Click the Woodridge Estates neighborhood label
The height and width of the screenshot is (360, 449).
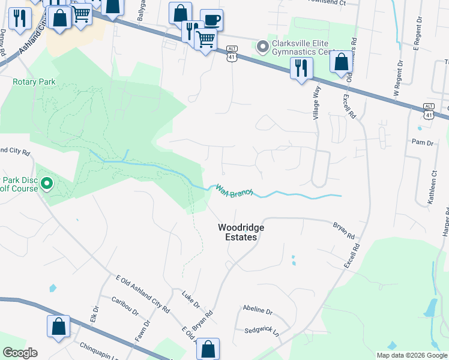tap(237, 232)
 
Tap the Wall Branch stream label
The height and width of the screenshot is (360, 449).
tap(235, 191)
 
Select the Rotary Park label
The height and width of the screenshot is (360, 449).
tap(35, 81)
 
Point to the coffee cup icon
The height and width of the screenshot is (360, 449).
tap(211, 20)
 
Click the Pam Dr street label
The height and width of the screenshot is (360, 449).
tap(422, 143)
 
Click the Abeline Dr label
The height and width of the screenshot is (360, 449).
tap(258, 311)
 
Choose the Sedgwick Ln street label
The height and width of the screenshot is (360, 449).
tap(262, 331)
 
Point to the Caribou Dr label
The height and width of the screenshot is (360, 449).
tap(124, 306)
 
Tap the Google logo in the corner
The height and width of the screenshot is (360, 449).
tap(20, 353)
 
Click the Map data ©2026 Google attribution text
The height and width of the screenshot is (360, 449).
tap(411, 355)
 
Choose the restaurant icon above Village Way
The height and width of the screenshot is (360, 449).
tap(301, 68)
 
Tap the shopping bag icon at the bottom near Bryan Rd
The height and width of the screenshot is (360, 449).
tap(208, 348)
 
